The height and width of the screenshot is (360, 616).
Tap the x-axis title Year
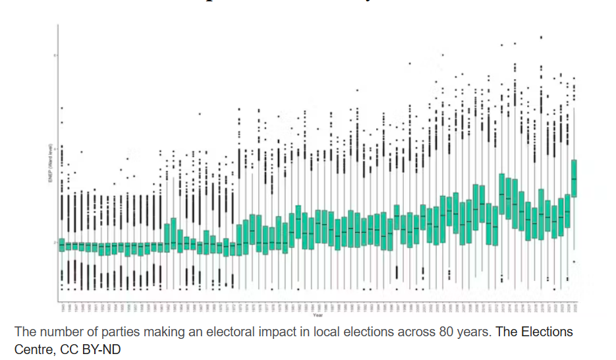tap(318, 315)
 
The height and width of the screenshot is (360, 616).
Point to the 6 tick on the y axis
tap(55, 55)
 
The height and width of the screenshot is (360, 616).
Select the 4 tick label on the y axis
tap(55, 149)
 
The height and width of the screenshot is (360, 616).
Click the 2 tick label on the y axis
tap(55, 243)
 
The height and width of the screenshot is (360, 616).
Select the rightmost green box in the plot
tap(574, 178)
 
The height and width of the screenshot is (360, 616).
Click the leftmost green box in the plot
tap(62, 245)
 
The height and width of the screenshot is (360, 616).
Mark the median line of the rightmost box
tap(574, 179)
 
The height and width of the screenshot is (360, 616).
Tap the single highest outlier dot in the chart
tap(541, 38)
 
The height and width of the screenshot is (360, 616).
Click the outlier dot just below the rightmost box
tap(574, 262)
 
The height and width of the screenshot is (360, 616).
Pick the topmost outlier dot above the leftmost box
tap(62, 107)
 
